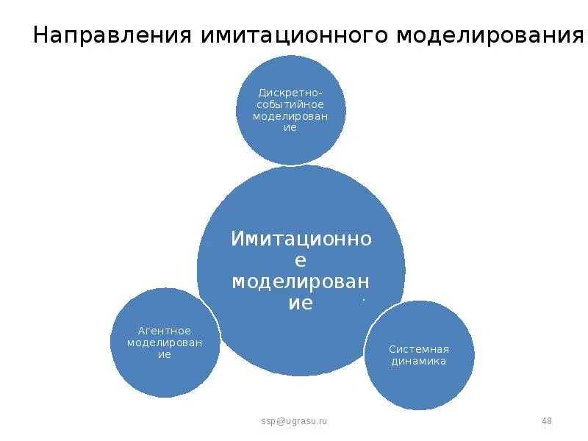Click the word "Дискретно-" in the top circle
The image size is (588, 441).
[290, 93]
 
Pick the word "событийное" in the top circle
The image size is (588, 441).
[290, 104]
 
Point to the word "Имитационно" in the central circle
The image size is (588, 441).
[301, 239]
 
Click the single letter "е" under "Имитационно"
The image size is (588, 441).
[301, 260]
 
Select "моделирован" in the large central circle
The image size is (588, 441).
[301, 282]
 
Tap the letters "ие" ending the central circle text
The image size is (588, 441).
[301, 304]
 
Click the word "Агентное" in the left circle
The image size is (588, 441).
[165, 331]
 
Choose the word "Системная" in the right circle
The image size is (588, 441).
[419, 349]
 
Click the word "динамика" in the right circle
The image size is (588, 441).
[419, 361]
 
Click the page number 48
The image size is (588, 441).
[546, 420]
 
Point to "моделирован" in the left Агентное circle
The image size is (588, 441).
[165, 343]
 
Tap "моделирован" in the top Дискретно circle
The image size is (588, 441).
[290, 116]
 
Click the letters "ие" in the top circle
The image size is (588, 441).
[290, 127]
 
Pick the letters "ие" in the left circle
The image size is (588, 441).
[165, 354]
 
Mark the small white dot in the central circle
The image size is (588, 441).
[363, 299]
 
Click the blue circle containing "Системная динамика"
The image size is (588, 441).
[419, 382]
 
